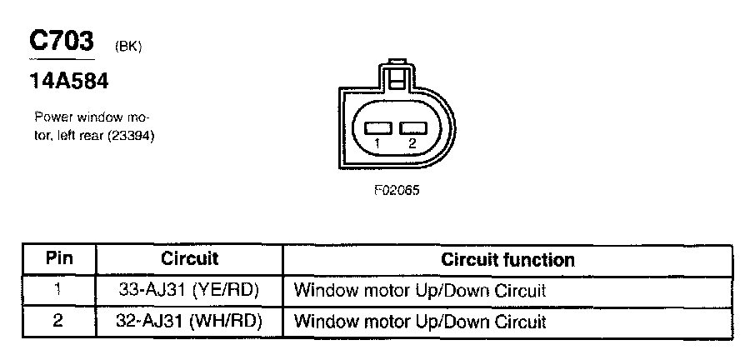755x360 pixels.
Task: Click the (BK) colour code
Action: tap(127, 47)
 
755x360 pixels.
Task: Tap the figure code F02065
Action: tap(396, 190)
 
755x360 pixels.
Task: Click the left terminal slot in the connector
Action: tap(378, 128)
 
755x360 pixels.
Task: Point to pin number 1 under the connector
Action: tap(377, 144)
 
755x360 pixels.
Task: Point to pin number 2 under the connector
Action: tap(412, 144)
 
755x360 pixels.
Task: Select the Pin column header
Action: tap(58, 259)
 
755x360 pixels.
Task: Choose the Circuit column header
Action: tap(189, 259)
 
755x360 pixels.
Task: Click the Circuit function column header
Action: tap(507, 259)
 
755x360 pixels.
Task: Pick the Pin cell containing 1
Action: tap(58, 291)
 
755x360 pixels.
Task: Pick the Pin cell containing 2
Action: tap(58, 321)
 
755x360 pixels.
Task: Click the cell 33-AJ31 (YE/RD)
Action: tap(189, 291)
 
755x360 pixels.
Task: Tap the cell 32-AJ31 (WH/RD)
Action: tap(189, 321)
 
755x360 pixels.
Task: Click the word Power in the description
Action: tap(52, 117)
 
